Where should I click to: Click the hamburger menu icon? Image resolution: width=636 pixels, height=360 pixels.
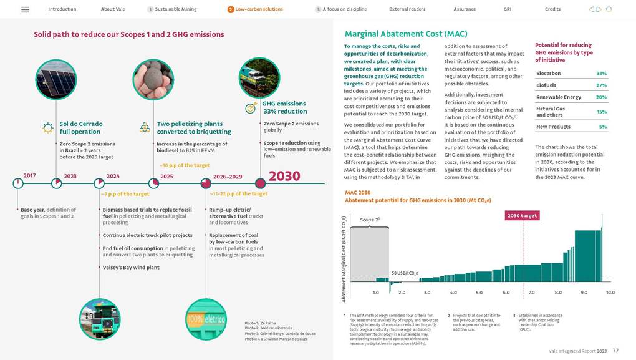click(x=25, y=9)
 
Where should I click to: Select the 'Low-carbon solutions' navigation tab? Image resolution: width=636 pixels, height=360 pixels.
click(x=259, y=9)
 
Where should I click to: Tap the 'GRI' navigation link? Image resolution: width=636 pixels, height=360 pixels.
click(x=507, y=9)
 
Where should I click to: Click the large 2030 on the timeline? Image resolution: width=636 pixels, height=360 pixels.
click(x=284, y=176)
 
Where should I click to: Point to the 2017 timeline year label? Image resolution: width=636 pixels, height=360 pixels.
click(x=29, y=176)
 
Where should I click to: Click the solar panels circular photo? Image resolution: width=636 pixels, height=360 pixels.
click(x=55, y=79)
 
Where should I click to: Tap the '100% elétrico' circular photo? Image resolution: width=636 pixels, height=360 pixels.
click(x=206, y=319)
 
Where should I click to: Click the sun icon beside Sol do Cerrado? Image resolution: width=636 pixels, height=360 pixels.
click(x=47, y=128)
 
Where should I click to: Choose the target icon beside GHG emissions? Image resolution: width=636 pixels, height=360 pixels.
click(x=251, y=108)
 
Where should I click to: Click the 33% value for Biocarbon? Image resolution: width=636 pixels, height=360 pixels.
click(x=601, y=74)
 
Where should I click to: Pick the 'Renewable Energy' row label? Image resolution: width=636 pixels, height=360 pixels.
click(x=558, y=97)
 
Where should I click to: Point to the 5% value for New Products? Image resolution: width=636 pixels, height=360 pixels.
click(x=602, y=127)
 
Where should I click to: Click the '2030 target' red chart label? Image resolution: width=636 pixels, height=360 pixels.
click(x=523, y=215)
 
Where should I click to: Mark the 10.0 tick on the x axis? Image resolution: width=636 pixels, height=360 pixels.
click(x=610, y=291)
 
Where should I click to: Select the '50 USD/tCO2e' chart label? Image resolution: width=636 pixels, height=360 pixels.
click(x=404, y=273)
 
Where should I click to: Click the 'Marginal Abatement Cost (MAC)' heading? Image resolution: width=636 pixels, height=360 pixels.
click(x=406, y=34)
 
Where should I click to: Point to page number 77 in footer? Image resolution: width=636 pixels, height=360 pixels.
click(x=615, y=351)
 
